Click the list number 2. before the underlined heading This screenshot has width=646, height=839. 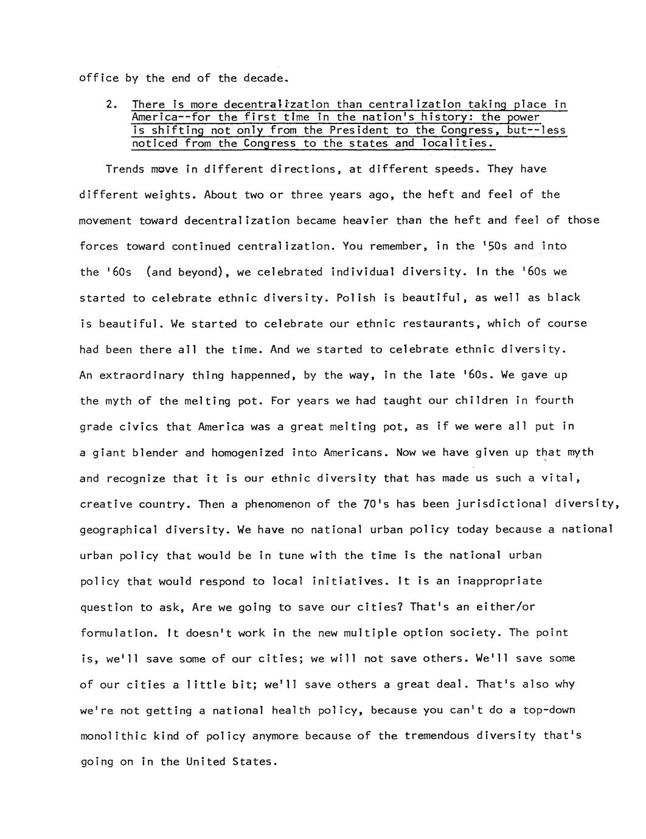[111, 105]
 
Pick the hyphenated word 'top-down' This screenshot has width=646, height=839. [549, 710]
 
